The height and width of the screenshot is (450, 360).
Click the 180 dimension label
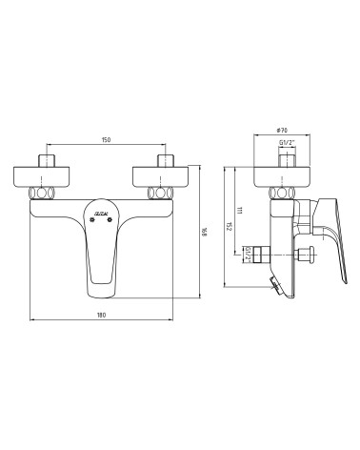[102, 315]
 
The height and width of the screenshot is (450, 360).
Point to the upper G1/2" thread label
[285, 145]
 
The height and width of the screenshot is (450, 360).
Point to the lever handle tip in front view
[103, 278]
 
